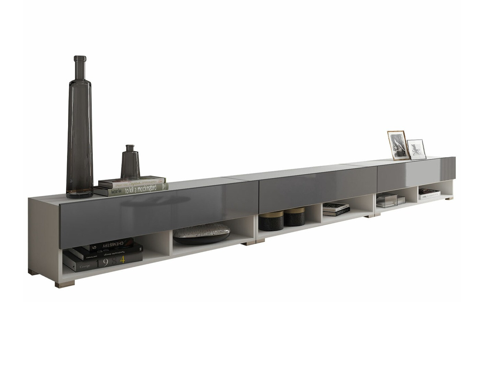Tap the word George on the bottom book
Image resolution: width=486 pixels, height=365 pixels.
(x=85, y=266)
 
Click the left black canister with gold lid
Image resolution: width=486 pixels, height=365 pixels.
(x=270, y=221)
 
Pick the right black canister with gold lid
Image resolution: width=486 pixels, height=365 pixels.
(x=294, y=217)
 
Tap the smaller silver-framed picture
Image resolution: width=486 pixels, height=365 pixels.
(x=417, y=149)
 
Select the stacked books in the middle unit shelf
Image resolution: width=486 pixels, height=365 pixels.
(x=336, y=209)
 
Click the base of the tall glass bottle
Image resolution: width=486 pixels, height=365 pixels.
(x=80, y=194)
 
